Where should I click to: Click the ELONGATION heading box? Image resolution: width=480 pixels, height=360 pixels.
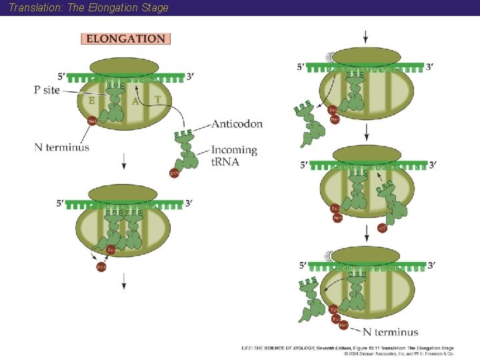(126, 39)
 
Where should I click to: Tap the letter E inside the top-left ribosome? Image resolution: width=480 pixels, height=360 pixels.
(91, 101)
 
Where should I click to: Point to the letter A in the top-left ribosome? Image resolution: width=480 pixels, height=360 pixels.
(135, 101)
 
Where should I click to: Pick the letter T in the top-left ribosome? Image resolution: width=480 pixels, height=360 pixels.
(157, 100)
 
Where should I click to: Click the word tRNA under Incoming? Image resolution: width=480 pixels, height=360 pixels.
(225, 161)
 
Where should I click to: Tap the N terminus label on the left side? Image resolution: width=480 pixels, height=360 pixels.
(61, 147)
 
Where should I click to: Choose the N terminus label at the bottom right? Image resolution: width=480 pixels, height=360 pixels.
(391, 331)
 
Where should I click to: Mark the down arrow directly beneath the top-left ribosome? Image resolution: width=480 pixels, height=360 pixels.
(124, 161)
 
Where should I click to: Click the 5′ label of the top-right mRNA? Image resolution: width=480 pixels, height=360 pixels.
(302, 67)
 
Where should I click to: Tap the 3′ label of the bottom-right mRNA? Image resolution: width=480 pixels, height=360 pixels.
(431, 265)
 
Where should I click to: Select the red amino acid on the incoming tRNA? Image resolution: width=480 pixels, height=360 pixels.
(175, 173)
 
